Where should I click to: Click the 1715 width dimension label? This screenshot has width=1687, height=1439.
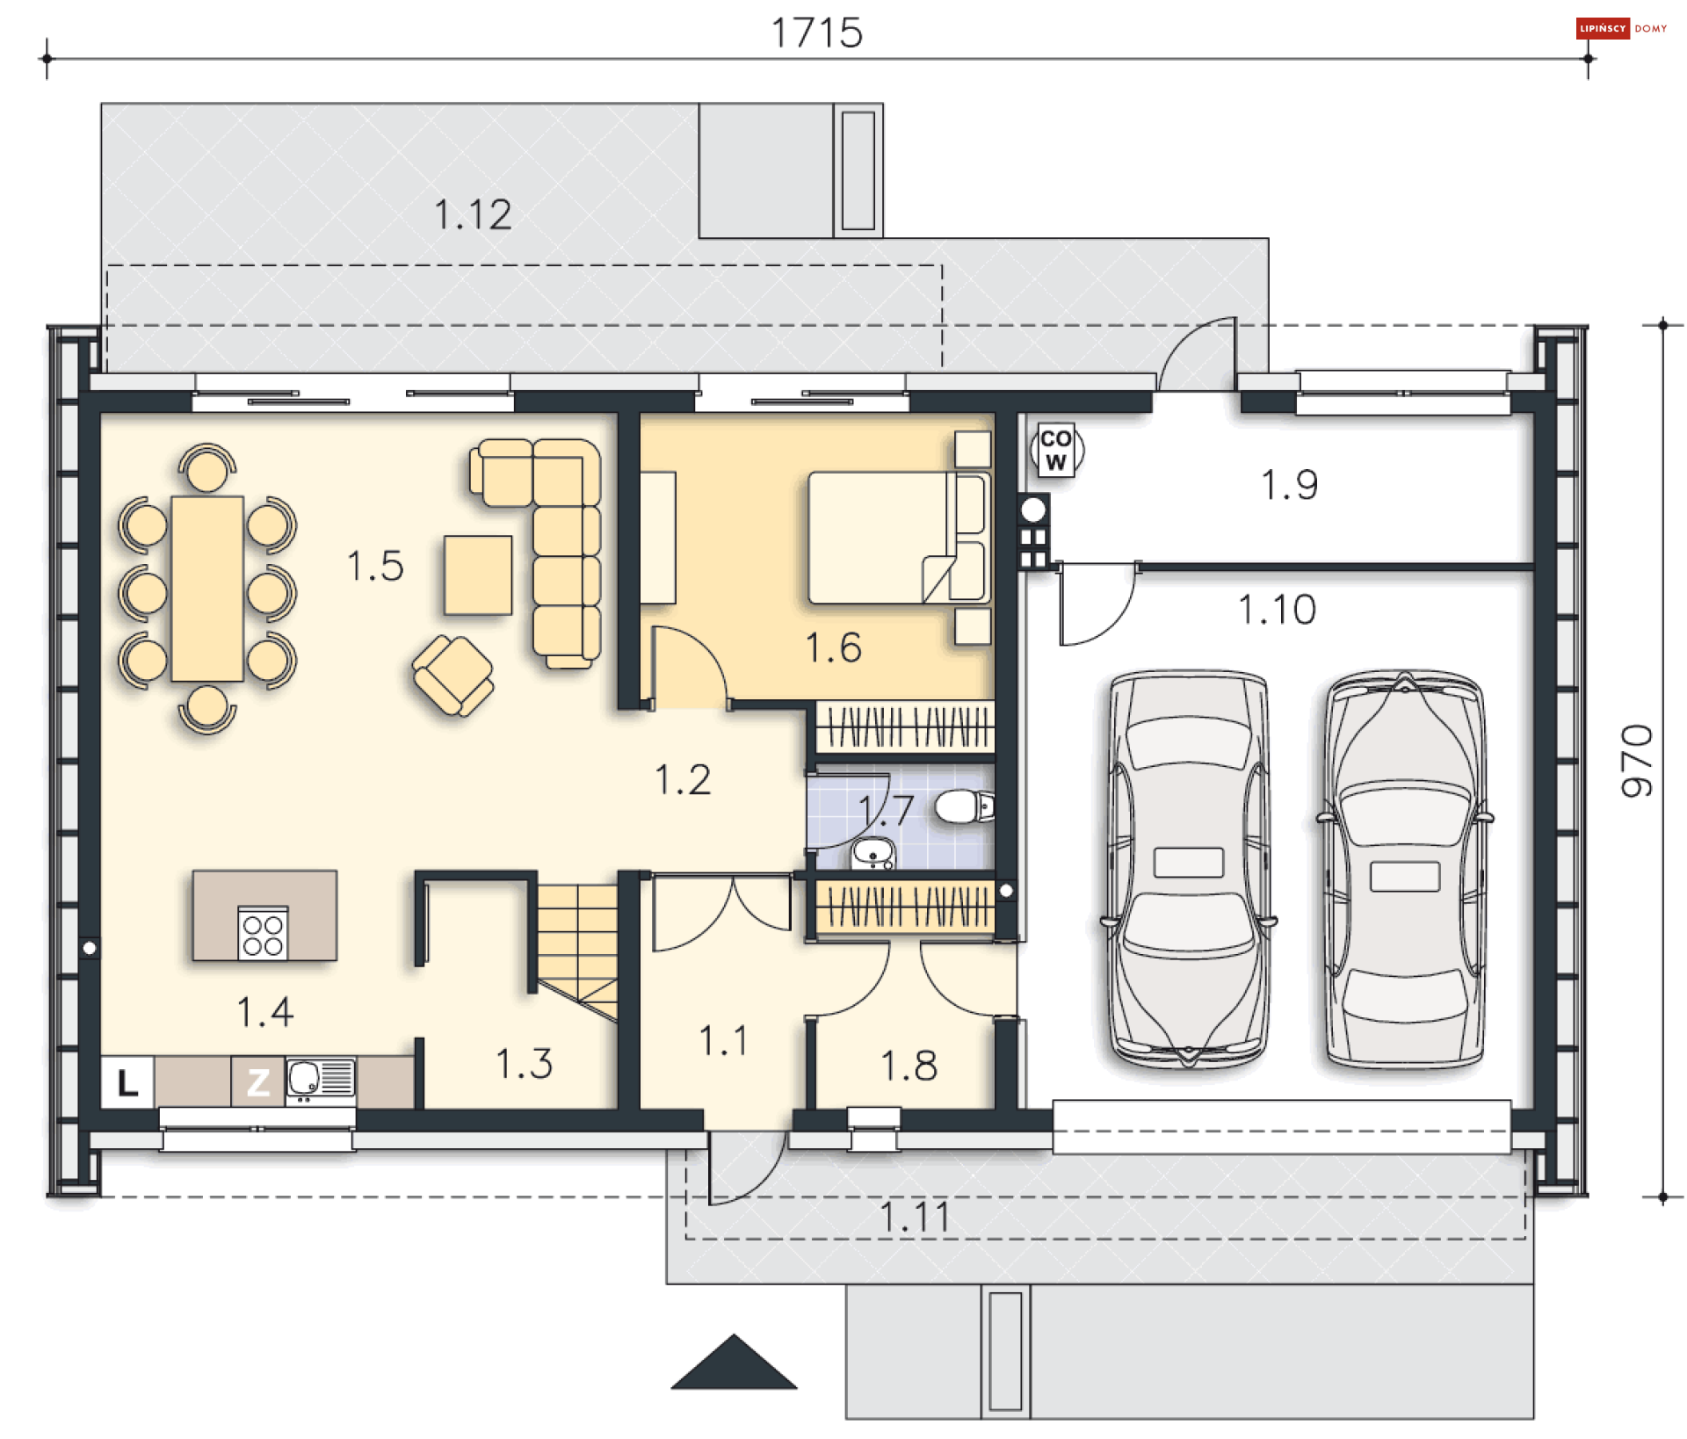[x=816, y=33]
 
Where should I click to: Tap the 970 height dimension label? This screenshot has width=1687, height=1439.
[x=1637, y=761]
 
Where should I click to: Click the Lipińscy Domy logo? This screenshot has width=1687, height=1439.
[x=1621, y=28]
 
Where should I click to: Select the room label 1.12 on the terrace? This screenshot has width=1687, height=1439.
[x=473, y=214]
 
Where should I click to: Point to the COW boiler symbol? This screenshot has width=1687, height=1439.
[x=1056, y=450]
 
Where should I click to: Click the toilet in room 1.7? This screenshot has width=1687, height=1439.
[x=964, y=806]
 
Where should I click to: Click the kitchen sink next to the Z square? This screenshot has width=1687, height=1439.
[x=321, y=1080]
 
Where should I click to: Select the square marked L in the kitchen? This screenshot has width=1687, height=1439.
[x=127, y=1081]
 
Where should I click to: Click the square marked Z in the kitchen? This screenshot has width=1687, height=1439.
[x=257, y=1081]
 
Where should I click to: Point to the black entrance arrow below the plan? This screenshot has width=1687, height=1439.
[x=734, y=1363]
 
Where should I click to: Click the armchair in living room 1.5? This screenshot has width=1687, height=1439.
[x=453, y=675]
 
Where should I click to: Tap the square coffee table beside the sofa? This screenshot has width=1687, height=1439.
[x=478, y=575]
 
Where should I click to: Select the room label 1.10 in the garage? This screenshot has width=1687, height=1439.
[x=1277, y=610]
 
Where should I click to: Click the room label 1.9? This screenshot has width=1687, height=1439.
[x=1289, y=485]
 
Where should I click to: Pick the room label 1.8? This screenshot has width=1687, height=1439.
[x=909, y=1066]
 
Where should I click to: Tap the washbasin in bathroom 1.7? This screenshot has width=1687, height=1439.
[x=873, y=852]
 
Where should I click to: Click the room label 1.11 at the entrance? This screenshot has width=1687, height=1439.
[x=915, y=1218]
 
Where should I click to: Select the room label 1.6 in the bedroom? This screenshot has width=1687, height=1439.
[x=833, y=647]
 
